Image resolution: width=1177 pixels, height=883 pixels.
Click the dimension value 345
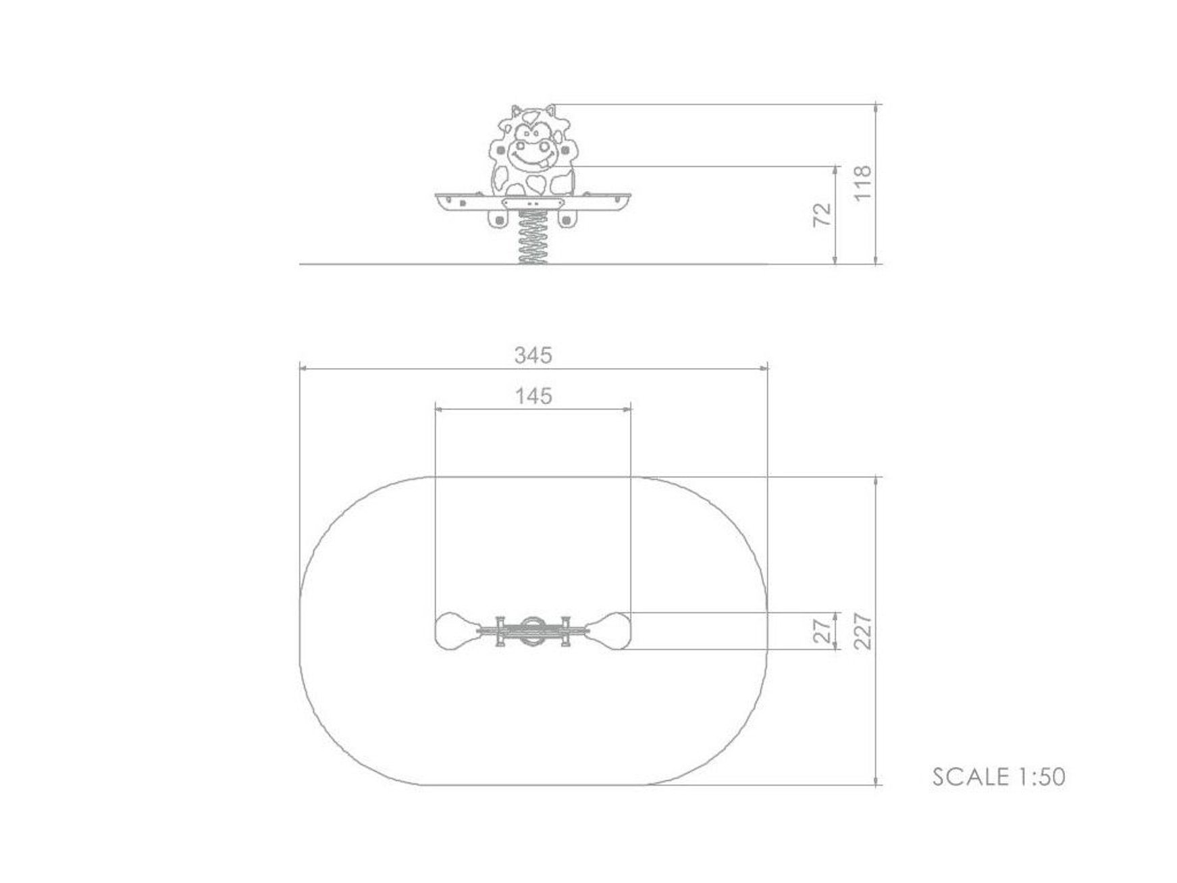pos(533,355)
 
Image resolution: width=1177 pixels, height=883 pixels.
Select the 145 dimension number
pos(533,395)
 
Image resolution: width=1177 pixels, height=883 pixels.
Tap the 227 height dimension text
pos(862,632)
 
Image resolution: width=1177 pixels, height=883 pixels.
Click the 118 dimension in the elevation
pos(862,182)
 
